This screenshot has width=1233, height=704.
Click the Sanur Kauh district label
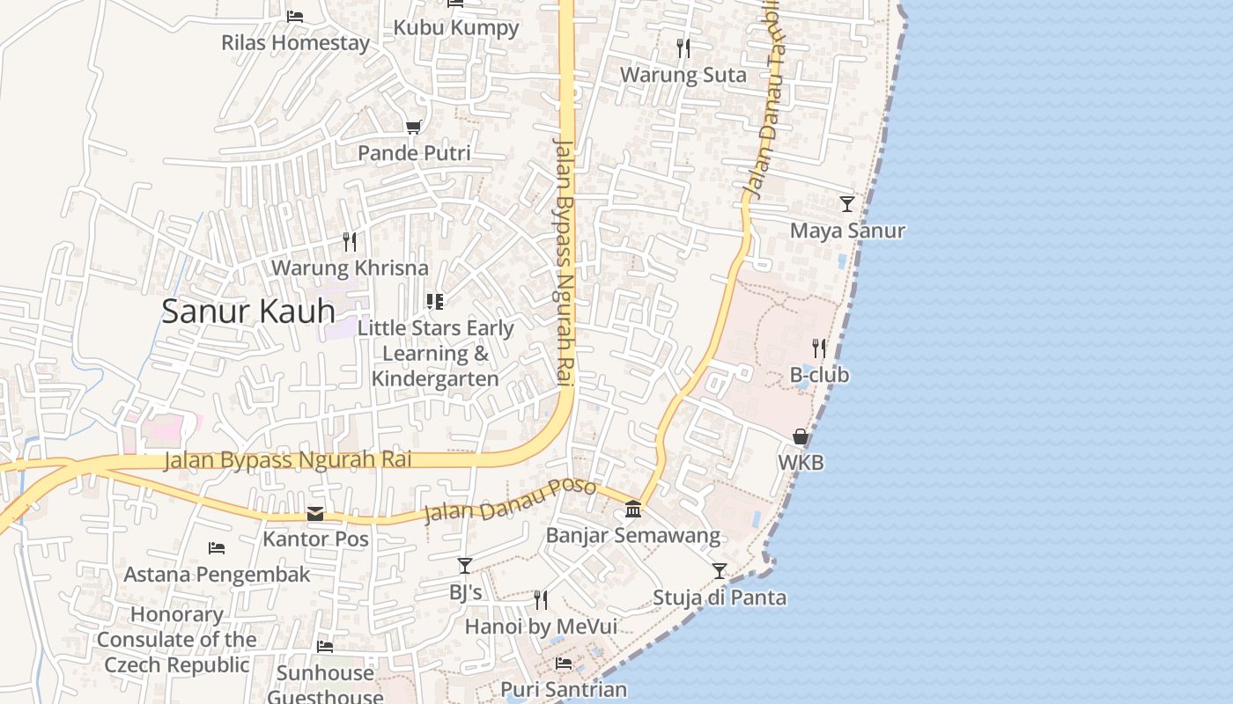(248, 311)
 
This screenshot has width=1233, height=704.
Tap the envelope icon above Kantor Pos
(315, 514)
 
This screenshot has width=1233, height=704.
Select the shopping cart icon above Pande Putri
(413, 127)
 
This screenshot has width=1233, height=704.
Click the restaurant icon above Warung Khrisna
(350, 241)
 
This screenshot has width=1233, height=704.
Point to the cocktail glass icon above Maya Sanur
(846, 204)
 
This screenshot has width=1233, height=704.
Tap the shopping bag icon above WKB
(801, 436)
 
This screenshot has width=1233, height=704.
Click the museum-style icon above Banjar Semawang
(633, 509)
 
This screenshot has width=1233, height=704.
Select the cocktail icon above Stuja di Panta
(720, 571)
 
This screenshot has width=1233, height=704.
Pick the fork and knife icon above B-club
(819, 348)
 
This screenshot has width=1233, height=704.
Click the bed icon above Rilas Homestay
(295, 16)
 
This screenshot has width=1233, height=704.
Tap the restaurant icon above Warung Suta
(683, 48)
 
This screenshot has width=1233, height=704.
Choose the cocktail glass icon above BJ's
(465, 566)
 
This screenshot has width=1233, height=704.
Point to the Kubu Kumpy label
(456, 27)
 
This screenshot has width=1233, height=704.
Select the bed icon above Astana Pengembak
(217, 548)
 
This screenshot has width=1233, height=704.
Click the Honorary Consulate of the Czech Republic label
(177, 640)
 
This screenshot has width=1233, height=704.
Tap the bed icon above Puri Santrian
(564, 664)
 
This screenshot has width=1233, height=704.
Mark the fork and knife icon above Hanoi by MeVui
(541, 600)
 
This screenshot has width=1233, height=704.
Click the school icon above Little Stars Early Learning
(434, 302)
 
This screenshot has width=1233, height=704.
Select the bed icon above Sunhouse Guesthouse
(325, 647)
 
